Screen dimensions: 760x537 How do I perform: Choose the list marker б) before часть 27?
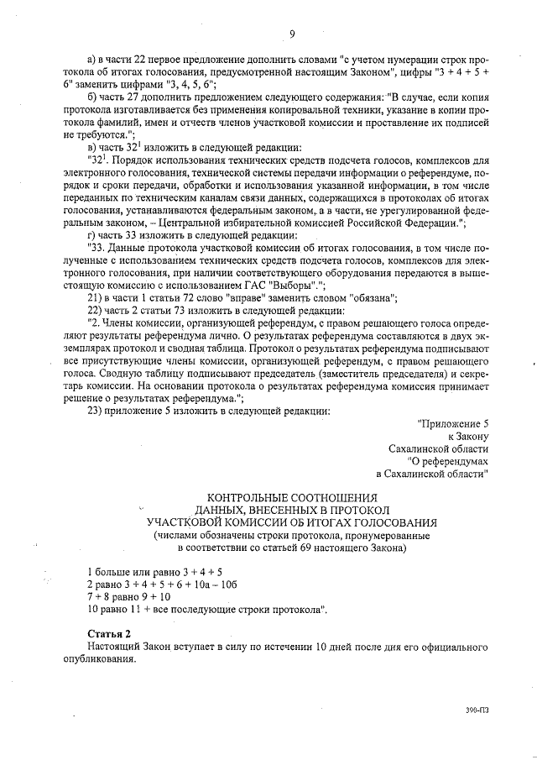93,97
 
